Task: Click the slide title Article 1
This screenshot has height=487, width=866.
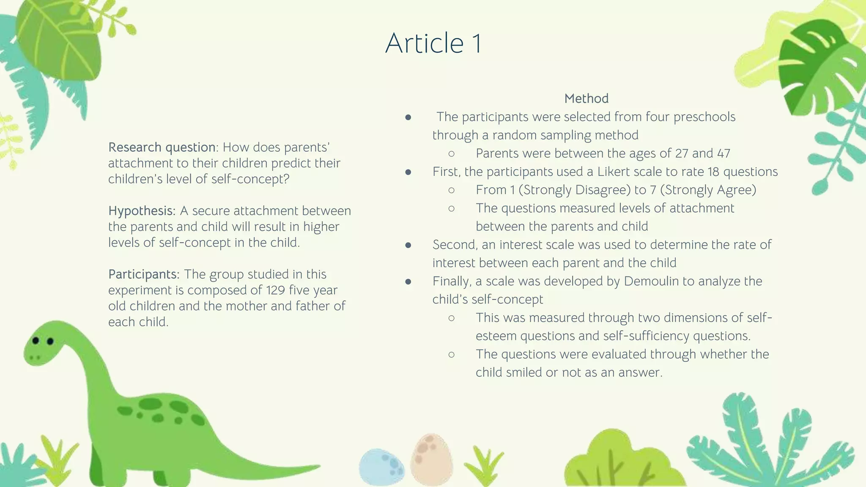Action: click(433, 43)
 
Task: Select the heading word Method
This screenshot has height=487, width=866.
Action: click(586, 98)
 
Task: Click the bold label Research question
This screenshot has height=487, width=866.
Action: click(162, 147)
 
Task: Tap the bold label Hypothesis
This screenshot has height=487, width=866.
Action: click(141, 211)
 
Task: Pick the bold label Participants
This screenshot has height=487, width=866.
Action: click(144, 274)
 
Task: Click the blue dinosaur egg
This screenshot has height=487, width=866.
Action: click(381, 466)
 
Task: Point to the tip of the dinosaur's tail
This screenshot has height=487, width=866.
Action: click(317, 467)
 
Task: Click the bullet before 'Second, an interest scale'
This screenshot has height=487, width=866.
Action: click(408, 245)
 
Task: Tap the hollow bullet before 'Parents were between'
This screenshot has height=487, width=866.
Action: click(451, 153)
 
